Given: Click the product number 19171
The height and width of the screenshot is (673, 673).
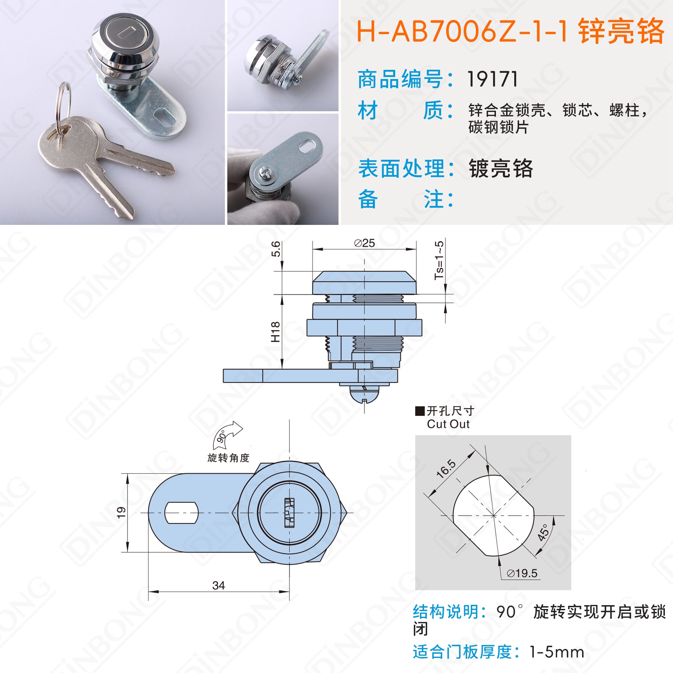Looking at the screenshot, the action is [492, 79].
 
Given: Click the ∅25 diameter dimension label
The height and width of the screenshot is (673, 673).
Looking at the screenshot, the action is [364, 243].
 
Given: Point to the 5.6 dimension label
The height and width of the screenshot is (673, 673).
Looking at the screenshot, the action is [275, 249].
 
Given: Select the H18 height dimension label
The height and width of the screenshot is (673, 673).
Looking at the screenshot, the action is [275, 332].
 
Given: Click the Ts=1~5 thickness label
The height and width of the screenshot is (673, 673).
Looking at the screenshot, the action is [439, 260].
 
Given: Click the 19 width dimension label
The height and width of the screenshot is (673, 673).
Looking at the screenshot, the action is [121, 513].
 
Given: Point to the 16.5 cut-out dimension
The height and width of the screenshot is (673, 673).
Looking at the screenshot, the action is [446, 468].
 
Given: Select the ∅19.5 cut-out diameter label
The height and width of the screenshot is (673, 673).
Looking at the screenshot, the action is [522, 573].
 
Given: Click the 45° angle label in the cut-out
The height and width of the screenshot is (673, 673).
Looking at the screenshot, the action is [543, 532].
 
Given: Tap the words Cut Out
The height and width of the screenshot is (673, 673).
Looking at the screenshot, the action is [448, 424].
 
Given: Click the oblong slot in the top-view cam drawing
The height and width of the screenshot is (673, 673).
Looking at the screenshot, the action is [181, 513].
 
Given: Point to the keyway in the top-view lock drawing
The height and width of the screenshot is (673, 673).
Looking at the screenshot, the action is [289, 513].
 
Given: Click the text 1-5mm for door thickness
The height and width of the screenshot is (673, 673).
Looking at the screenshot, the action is [557, 652].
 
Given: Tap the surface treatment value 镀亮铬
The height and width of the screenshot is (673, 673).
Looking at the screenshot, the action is [501, 169].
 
